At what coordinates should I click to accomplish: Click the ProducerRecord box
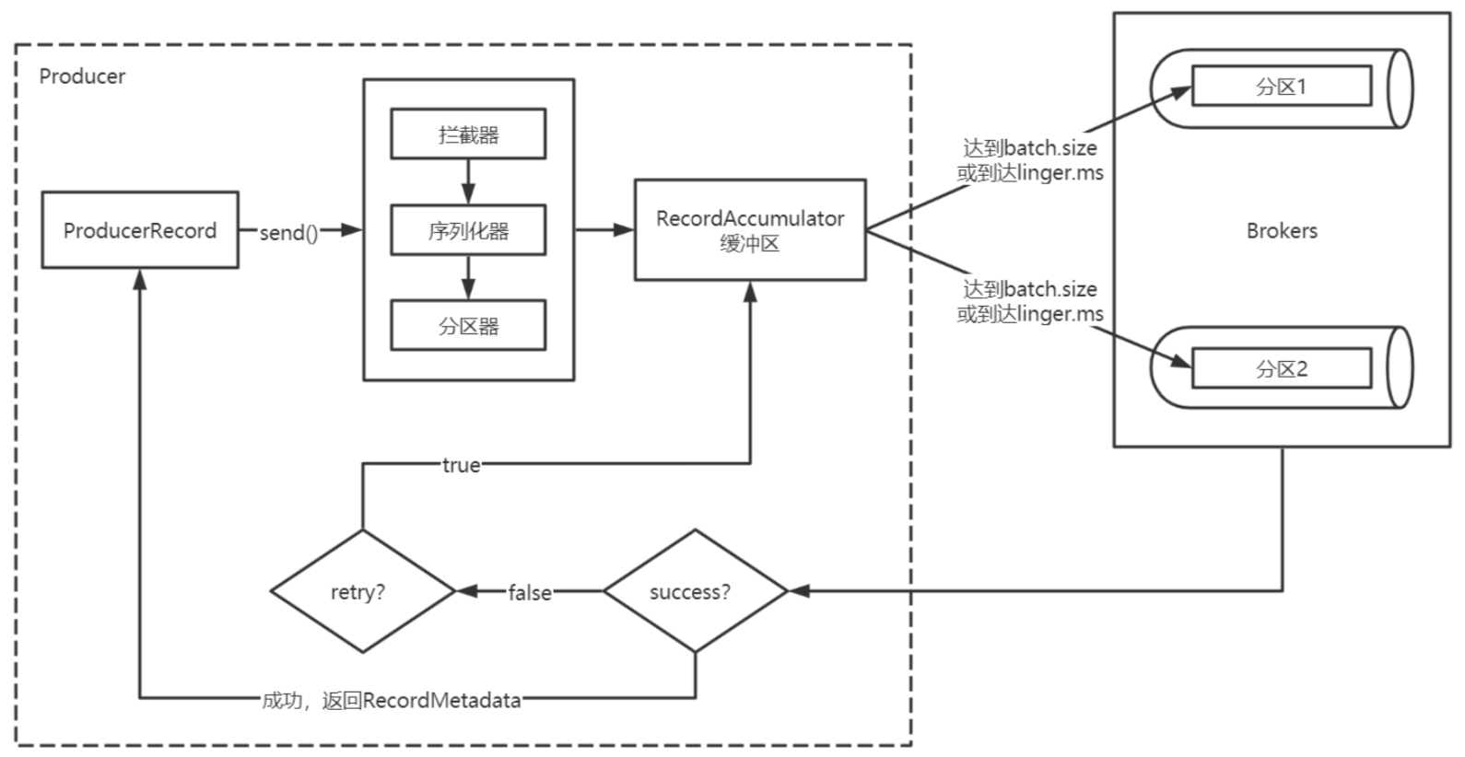pyautogui.click(x=140, y=230)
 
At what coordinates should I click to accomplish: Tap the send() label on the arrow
pyautogui.click(x=288, y=233)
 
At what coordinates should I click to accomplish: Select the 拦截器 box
pyautogui.click(x=468, y=134)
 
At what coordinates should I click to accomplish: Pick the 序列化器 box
pyautogui.click(x=468, y=230)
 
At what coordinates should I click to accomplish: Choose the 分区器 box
pyautogui.click(x=468, y=326)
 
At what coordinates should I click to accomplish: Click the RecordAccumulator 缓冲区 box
pyautogui.click(x=750, y=230)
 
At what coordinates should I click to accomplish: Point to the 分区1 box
pyautogui.click(x=1281, y=87)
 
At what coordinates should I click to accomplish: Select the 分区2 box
pyautogui.click(x=1281, y=369)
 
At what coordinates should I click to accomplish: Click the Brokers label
pyautogui.click(x=1281, y=231)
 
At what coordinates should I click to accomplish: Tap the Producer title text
pyautogui.click(x=82, y=76)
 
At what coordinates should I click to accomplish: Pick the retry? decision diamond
pyautogui.click(x=362, y=591)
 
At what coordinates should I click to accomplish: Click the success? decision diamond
pyautogui.click(x=695, y=591)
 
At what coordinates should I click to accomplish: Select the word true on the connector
pyautogui.click(x=461, y=466)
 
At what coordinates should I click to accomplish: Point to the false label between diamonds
pyautogui.click(x=530, y=593)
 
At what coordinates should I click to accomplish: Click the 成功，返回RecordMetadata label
pyautogui.click(x=392, y=700)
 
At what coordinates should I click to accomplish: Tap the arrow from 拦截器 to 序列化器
pyautogui.click(x=468, y=181)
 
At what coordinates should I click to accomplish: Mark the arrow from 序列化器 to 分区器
pyautogui.click(x=468, y=277)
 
